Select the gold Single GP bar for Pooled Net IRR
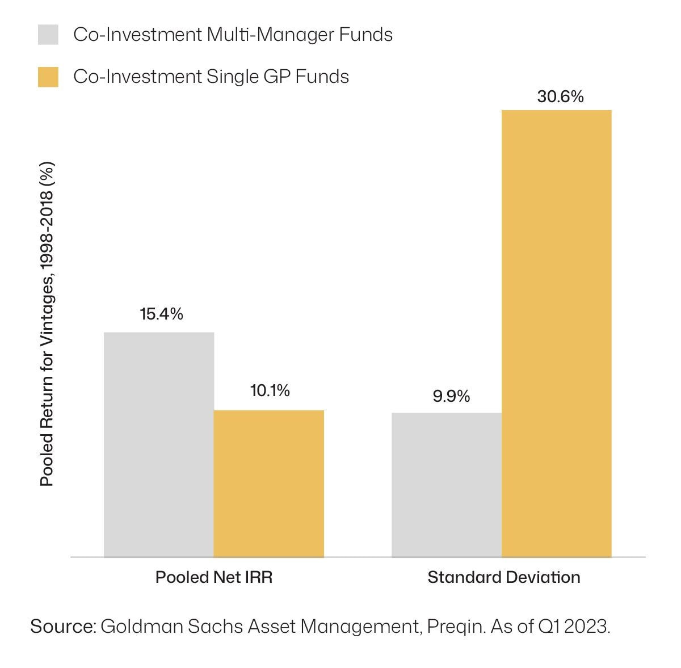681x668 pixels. click(x=268, y=484)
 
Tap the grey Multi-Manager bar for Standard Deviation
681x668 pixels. click(x=447, y=485)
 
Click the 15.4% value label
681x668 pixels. click(x=162, y=314)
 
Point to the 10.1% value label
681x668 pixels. click(x=270, y=390)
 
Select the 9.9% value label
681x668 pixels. click(x=451, y=396)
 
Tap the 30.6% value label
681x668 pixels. click(x=560, y=97)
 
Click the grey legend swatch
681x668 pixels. click(x=48, y=35)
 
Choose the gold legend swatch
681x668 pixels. click(x=48, y=77)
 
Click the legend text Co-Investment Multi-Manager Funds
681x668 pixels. click(x=233, y=35)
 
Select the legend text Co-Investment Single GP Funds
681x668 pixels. click(x=211, y=77)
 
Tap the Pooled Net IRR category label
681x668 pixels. click(x=214, y=577)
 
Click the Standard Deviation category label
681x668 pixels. click(x=504, y=577)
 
